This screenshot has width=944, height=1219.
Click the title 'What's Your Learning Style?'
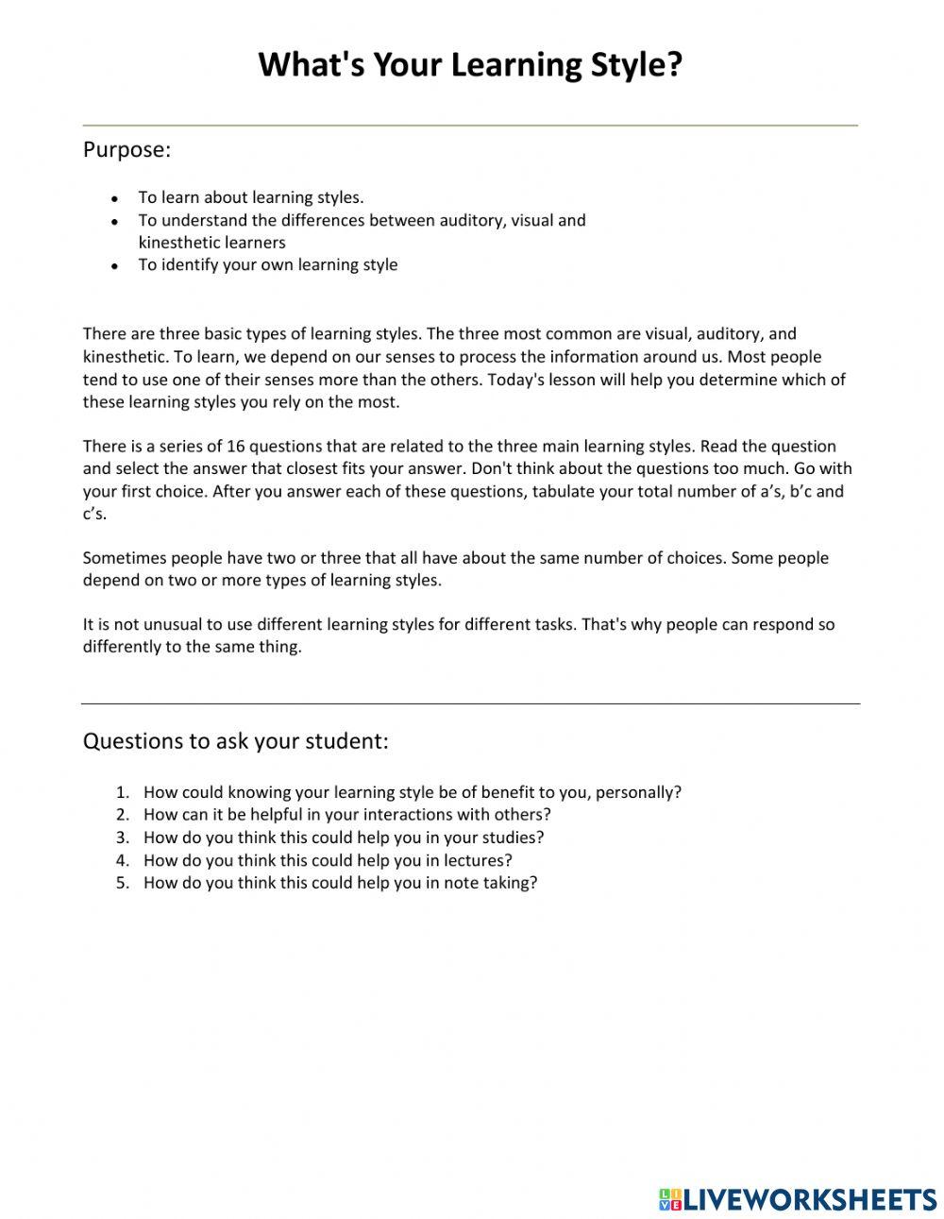click(469, 65)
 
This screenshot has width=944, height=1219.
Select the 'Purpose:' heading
click(126, 149)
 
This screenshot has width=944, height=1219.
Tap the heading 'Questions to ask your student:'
click(235, 740)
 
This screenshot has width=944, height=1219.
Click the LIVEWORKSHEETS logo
click(798, 1199)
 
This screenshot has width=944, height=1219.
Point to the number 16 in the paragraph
click(236, 446)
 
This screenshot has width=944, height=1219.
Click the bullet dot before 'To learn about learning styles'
click(114, 199)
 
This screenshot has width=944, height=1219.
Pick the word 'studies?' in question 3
click(512, 837)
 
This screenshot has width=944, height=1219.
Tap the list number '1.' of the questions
click(122, 792)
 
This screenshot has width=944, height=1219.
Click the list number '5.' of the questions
click(122, 883)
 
